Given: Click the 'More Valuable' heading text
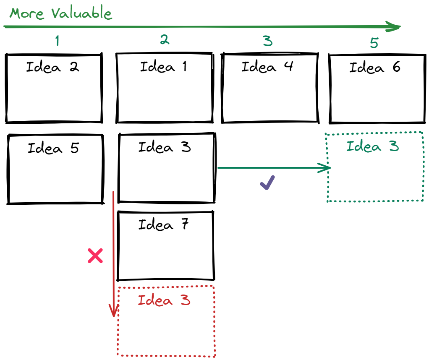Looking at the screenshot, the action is point(61,13).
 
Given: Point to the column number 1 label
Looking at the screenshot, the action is point(57,40).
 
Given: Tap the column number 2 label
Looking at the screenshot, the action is point(165,40).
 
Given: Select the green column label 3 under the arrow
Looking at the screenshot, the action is point(268,41).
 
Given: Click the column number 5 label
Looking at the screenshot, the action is point(374,43).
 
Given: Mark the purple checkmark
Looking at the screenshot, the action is point(267,183).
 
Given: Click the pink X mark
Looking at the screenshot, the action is point(95,256).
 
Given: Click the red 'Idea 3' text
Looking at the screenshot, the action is point(164,300).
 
